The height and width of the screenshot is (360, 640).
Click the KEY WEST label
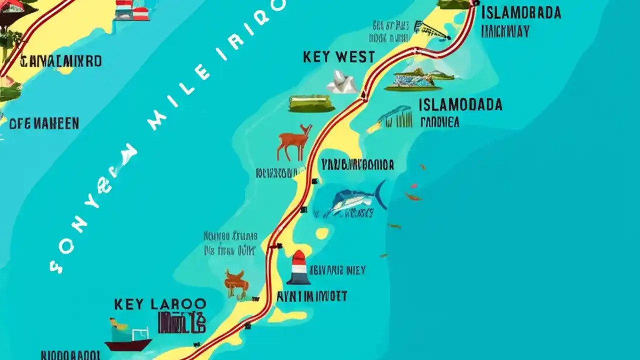338,57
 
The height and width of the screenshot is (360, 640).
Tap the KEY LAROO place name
160,304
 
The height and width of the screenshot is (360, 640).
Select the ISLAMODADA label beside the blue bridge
460,104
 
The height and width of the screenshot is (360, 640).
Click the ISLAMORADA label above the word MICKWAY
520,13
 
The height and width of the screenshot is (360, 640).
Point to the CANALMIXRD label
61,61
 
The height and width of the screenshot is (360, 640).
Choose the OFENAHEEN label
43,123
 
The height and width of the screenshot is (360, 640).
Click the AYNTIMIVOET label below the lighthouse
312,296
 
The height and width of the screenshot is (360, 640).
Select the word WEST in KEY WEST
354,57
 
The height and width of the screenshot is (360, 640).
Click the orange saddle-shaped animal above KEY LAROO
236,281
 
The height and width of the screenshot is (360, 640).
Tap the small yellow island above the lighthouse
322,233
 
